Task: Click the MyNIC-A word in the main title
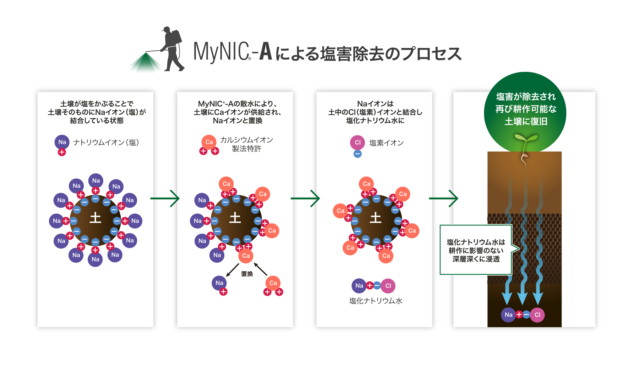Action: tap(232, 52)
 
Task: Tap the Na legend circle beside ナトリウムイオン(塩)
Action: tap(62, 142)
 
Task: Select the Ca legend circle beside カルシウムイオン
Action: tap(209, 142)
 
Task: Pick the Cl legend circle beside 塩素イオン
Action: tap(357, 142)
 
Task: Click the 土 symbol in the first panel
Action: tap(95, 218)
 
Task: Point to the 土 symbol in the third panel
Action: tap(376, 218)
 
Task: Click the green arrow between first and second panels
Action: tap(165, 199)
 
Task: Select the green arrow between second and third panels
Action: tap(305, 199)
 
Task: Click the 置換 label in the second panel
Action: tap(247, 274)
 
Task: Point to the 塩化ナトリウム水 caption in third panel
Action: tap(376, 301)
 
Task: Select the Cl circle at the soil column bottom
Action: tap(537, 315)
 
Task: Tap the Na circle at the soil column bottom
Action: tap(508, 315)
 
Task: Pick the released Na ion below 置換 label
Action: tap(219, 283)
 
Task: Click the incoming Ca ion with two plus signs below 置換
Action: tap(273, 283)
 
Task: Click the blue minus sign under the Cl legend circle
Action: tap(357, 154)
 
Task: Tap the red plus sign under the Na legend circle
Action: tap(62, 152)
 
